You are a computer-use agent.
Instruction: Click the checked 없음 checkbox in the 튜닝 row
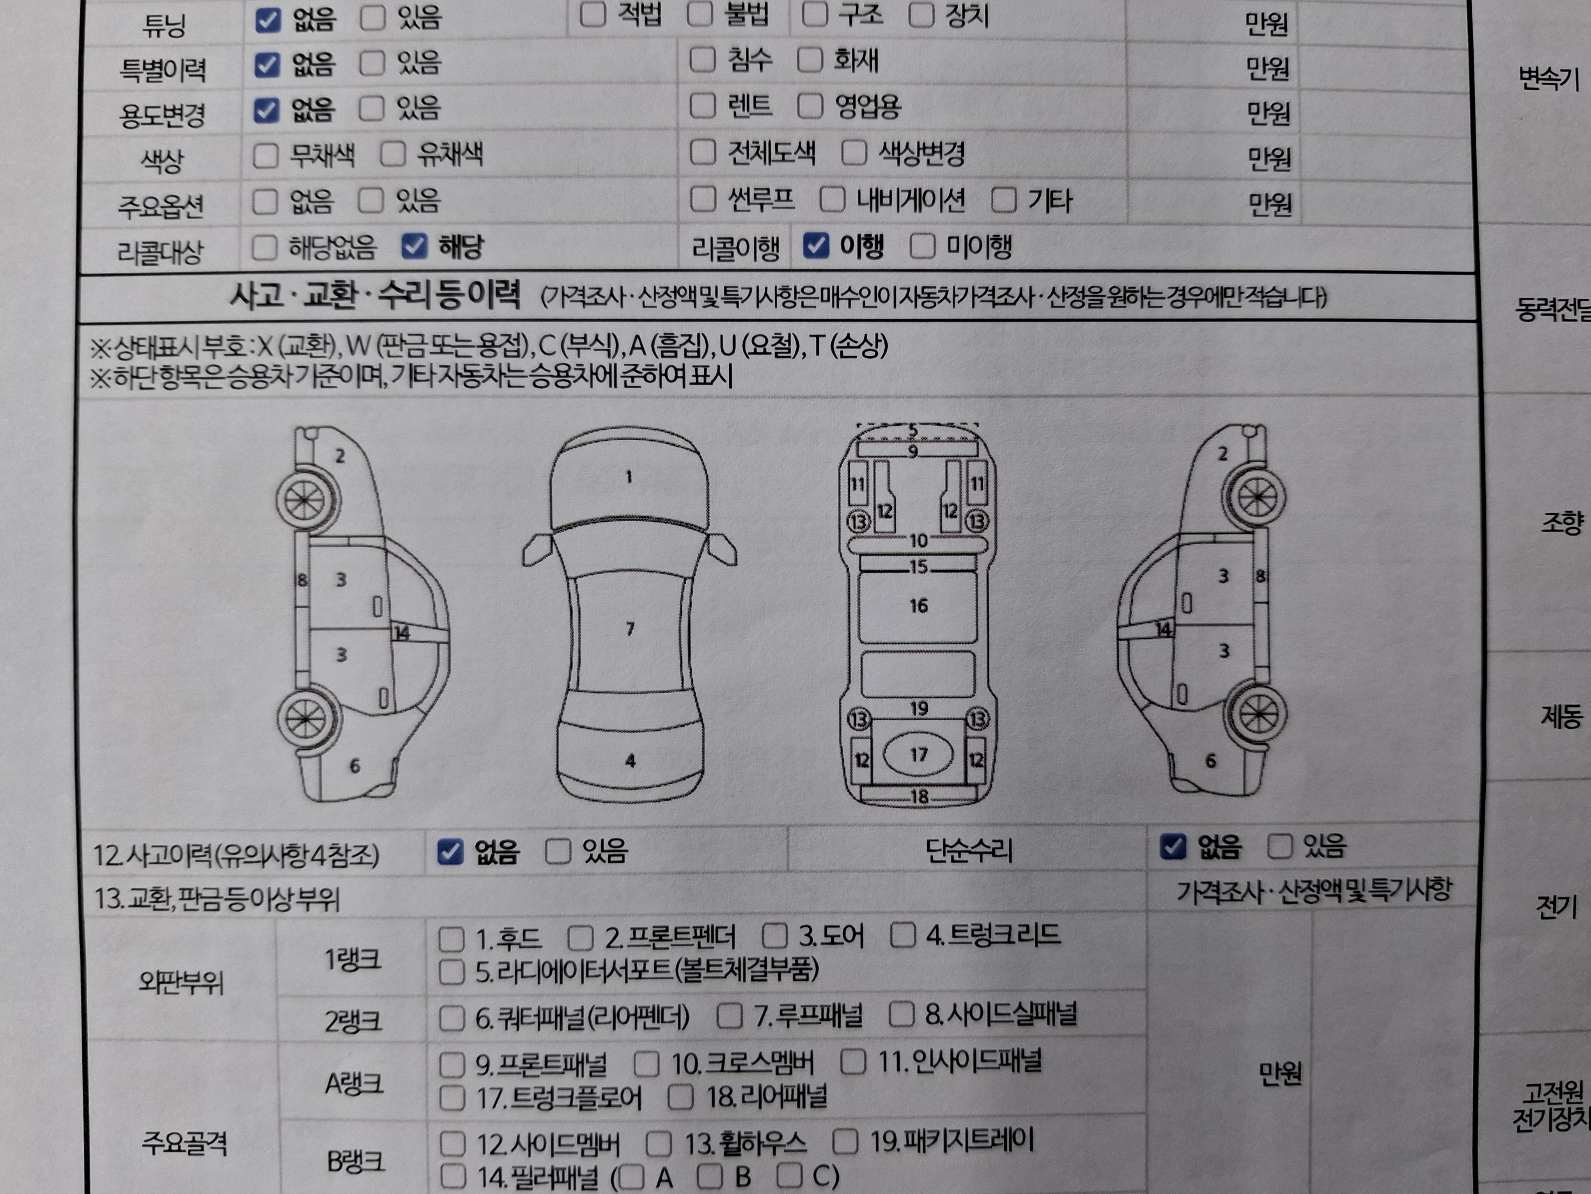click(x=268, y=20)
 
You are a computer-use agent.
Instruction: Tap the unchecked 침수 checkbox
click(x=702, y=60)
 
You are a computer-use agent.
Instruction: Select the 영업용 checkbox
click(x=810, y=106)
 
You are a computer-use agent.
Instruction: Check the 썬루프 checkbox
click(x=703, y=199)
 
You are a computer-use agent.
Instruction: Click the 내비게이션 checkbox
click(x=832, y=199)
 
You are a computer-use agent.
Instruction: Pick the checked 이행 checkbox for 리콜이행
click(x=816, y=245)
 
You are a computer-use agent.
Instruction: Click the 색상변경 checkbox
click(x=854, y=153)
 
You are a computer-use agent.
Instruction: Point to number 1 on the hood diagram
click(x=629, y=476)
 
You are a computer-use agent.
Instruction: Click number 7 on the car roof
click(x=630, y=629)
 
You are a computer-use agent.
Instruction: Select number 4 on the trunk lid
click(x=630, y=761)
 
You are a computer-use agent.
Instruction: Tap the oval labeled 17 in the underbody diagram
click(x=918, y=754)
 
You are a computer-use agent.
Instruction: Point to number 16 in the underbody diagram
click(x=918, y=606)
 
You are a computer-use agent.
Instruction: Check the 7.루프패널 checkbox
click(x=729, y=1016)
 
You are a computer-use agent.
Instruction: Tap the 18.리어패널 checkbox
click(x=680, y=1097)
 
